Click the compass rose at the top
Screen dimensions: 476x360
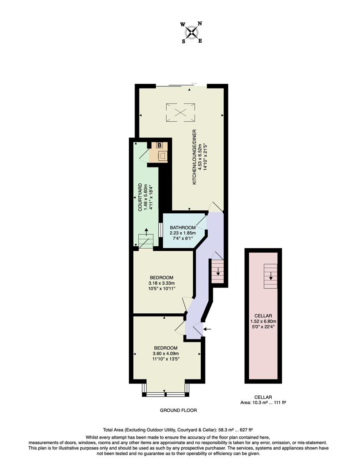[191, 33]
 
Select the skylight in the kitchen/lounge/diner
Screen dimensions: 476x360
[180, 112]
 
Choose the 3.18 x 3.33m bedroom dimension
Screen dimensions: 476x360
[162, 283]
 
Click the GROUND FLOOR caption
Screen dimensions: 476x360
[178, 410]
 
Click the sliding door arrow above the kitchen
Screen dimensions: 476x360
[194, 83]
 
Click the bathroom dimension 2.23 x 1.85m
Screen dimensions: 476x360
[182, 233]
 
